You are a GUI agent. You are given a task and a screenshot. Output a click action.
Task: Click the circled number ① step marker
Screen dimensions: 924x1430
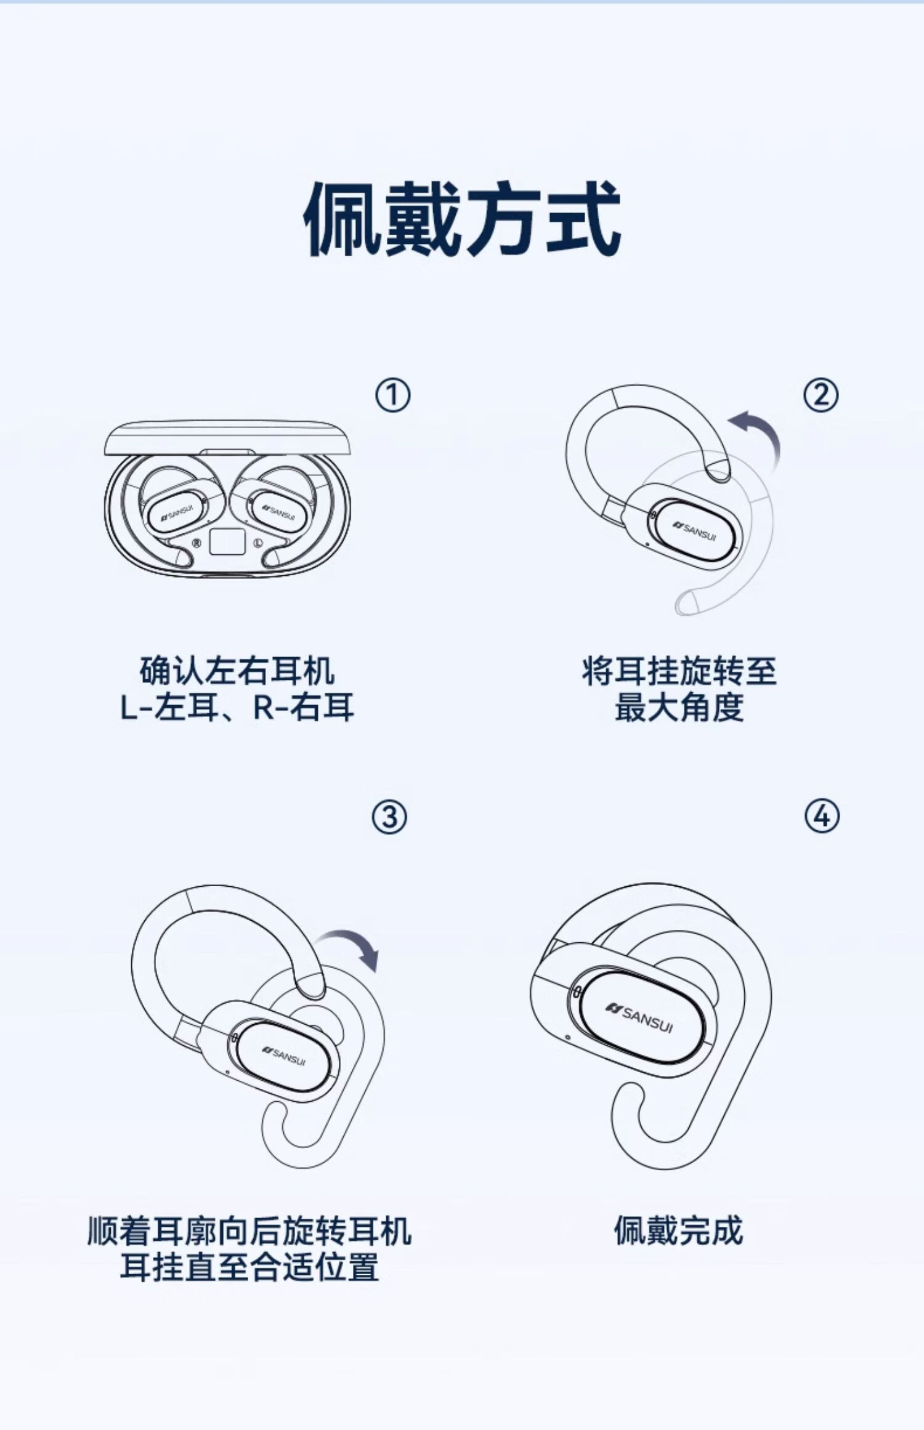tap(392, 395)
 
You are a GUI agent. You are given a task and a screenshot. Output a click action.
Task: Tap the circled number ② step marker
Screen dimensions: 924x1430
tap(821, 395)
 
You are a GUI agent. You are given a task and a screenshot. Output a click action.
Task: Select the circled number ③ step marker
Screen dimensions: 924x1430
tap(389, 818)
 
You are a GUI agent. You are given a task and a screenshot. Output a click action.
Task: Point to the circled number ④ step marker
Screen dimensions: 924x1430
tap(822, 817)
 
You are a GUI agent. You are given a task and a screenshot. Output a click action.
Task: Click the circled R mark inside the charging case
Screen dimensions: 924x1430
tap(197, 543)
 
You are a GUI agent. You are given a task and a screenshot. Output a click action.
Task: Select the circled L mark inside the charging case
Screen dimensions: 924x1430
tap(258, 543)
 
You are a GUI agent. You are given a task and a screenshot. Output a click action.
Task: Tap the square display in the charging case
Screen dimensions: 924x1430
tap(227, 542)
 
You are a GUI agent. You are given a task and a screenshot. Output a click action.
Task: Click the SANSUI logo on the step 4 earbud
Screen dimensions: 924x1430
tap(639, 1019)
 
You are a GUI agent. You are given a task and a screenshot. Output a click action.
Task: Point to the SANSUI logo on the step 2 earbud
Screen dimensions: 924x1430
tap(695, 530)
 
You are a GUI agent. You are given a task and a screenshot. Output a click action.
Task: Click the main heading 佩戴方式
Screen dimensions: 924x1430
tap(462, 219)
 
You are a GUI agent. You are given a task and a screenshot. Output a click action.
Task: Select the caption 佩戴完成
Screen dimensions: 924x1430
tap(678, 1231)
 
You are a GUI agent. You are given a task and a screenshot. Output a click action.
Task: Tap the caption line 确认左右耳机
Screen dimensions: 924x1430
tap(237, 671)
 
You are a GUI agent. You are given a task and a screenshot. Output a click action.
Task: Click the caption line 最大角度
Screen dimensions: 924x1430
tap(679, 708)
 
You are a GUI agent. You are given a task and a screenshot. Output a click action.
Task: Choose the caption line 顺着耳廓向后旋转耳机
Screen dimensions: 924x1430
tap(249, 1231)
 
